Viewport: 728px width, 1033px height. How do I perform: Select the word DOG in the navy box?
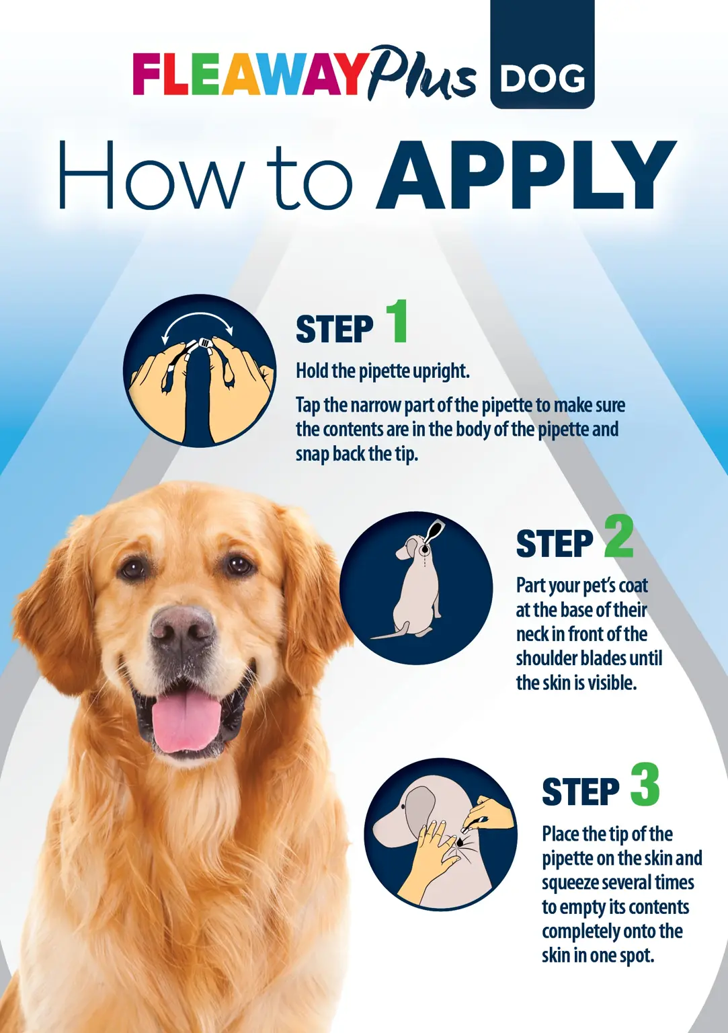click(x=542, y=79)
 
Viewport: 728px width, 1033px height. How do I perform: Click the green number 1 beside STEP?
click(x=396, y=321)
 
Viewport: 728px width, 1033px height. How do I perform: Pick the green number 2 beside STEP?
click(x=618, y=536)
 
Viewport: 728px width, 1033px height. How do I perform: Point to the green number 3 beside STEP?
click(x=645, y=784)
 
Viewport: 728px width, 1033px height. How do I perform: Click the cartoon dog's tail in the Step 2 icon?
click(x=390, y=632)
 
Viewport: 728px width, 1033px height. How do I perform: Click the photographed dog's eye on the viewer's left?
click(x=132, y=568)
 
